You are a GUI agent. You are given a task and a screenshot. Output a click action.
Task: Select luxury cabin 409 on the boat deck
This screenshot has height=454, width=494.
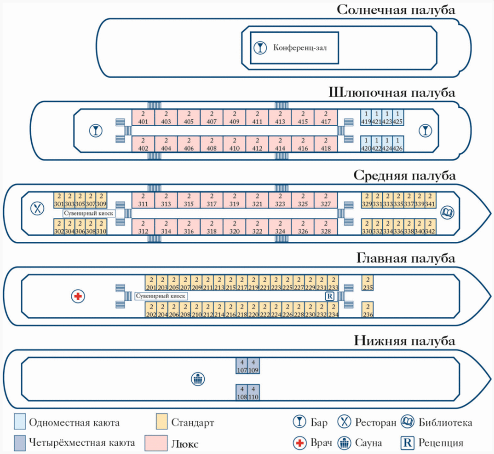coord(234,118)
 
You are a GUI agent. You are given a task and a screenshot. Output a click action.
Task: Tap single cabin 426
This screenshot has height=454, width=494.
coord(399,144)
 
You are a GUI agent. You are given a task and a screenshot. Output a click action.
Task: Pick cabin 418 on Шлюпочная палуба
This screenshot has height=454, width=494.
coord(326,144)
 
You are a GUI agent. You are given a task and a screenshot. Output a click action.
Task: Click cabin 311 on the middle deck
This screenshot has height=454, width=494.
coord(143,200)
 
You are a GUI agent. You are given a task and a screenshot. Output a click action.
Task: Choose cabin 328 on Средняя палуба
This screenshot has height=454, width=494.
coord(326,227)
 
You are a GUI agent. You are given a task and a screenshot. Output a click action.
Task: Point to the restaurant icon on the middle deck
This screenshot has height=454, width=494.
coord(37,208)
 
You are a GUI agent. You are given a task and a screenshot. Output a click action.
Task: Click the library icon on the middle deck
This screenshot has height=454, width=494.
coord(448,213)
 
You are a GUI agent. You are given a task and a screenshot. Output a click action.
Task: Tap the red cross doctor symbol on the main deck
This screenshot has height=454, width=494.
coord(78,296)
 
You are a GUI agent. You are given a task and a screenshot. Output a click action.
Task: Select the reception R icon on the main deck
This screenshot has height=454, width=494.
coord(329,296)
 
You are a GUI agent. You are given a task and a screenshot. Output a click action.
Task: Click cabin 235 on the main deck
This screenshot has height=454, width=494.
coord(368,283)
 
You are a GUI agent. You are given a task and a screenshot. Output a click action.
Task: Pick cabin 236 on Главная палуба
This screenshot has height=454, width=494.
coord(368,310)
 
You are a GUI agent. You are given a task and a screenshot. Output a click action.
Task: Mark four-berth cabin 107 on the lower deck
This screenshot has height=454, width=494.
coord(242,366)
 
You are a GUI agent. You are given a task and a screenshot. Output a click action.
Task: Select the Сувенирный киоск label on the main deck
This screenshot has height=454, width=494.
coord(161,296)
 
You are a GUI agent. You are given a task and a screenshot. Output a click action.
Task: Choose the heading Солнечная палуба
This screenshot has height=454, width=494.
coord(396,10)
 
